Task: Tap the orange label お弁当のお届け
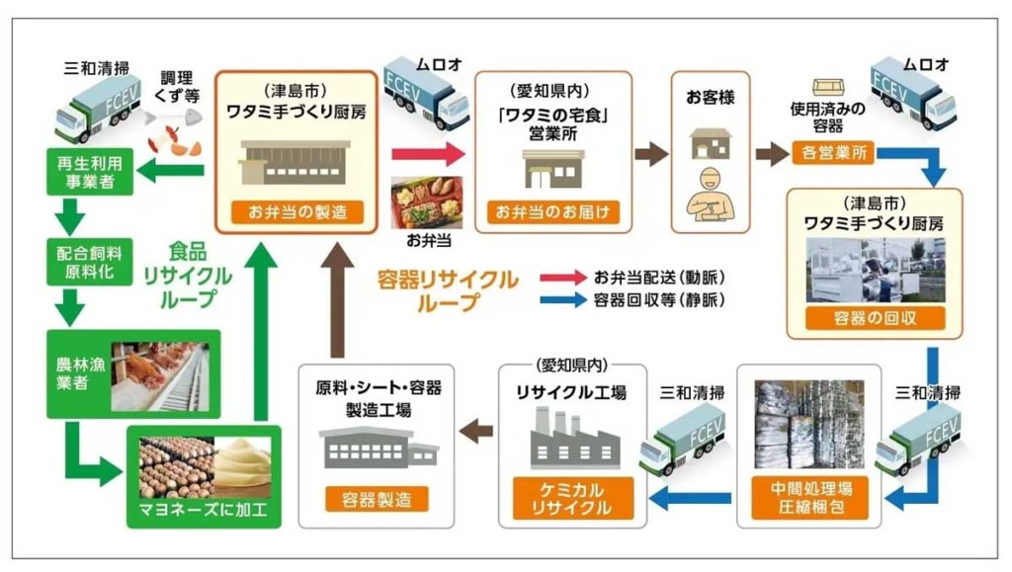click(x=553, y=211)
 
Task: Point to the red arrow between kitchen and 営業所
click(x=426, y=153)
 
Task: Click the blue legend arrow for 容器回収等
click(x=563, y=299)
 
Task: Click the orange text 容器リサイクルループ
click(x=447, y=289)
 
